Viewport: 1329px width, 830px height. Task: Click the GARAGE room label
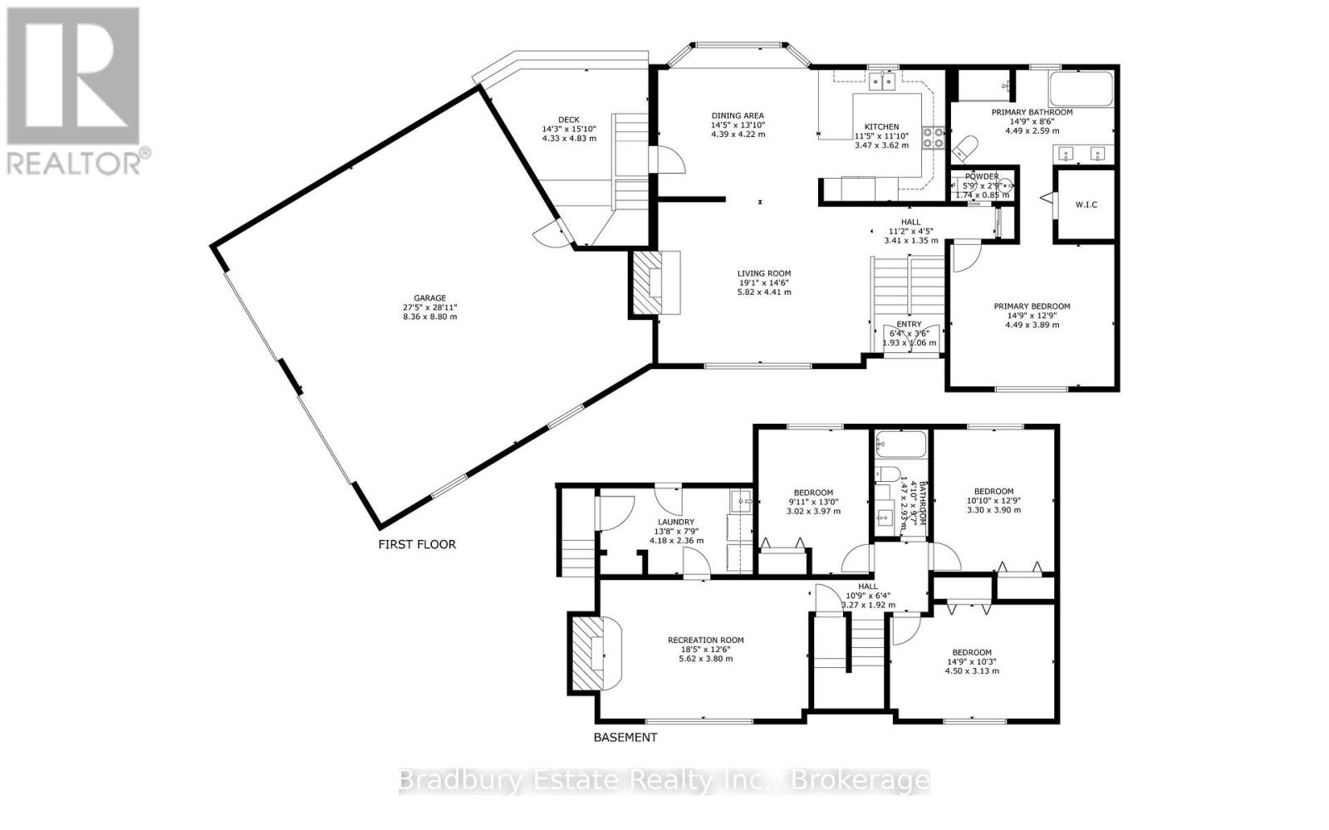(430, 298)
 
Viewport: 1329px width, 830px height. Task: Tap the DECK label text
(568, 120)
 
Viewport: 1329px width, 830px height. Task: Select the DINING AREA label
(737, 116)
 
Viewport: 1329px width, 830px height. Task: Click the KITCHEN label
(881, 127)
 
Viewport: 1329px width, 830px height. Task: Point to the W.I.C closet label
(1086, 204)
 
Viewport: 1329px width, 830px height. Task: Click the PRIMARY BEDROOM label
(1032, 307)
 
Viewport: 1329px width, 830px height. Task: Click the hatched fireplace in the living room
(646, 283)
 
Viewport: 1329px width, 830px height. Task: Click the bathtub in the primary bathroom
(1081, 90)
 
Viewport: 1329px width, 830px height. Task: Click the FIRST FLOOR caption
(417, 545)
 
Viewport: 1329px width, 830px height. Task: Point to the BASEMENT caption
(625, 737)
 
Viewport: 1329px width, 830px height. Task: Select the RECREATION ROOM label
(705, 641)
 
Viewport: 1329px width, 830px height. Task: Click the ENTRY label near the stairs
(909, 325)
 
